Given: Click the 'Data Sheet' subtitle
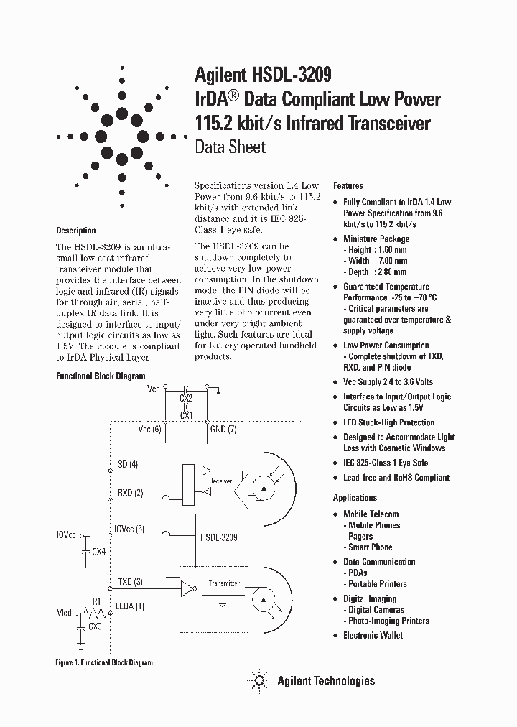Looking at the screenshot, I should coord(230,147).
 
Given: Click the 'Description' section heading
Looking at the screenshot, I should coord(75,231).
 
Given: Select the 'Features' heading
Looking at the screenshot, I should coord(348,185).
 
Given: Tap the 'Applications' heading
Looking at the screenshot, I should coord(355,497).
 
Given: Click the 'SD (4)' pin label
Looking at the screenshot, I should coord(127,465).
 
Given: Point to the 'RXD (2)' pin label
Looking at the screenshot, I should coord(130,492).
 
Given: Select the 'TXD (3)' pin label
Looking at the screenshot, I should coord(129,581).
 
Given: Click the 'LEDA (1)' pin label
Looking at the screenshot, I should coord(130,606).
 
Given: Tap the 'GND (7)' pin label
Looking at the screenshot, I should coord(222,429).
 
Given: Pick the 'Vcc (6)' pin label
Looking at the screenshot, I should coord(149,429).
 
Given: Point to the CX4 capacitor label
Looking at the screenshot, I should coord(98,551).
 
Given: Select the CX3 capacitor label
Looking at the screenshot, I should coord(94,626).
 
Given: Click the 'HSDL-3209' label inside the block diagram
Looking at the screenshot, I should coord(219,537).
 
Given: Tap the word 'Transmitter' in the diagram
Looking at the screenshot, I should coord(224,584).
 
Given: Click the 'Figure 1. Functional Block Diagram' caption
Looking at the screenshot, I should coord(104,662).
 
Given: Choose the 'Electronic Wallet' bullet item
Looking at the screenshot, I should coord(373,635).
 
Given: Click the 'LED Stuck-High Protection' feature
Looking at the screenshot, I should coord(388,422).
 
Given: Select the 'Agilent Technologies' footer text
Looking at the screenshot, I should coord(326,680).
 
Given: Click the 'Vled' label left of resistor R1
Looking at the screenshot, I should coord(65,613).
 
